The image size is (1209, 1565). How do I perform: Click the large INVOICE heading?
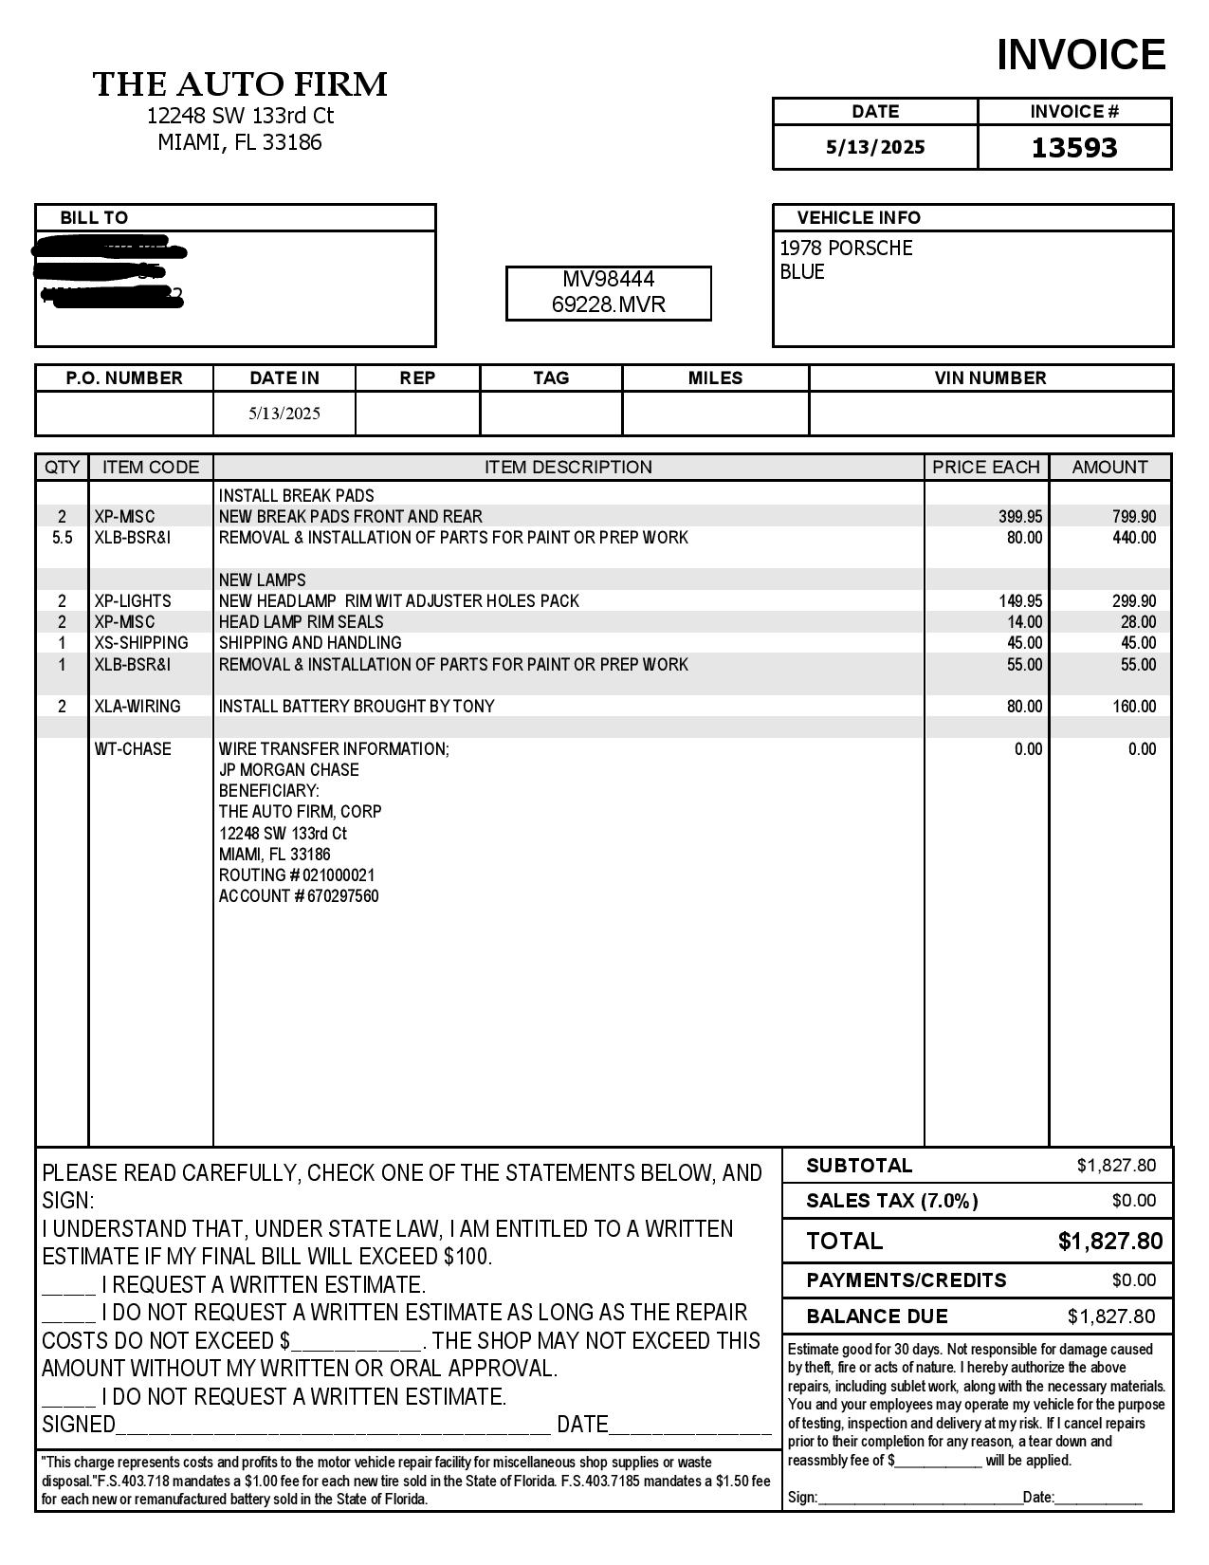pyautogui.click(x=1080, y=55)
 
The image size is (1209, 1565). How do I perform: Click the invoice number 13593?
pyautogui.click(x=1074, y=148)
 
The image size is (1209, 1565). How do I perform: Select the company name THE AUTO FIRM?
pyautogui.click(x=240, y=84)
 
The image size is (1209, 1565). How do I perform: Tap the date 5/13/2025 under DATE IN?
pyautogui.click(x=284, y=414)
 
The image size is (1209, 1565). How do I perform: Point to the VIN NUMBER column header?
pyautogui.click(x=990, y=377)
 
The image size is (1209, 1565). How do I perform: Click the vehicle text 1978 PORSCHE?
pyautogui.click(x=846, y=249)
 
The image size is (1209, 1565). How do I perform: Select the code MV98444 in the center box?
pyautogui.click(x=608, y=279)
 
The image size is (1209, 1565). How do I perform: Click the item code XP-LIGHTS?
pyautogui.click(x=133, y=601)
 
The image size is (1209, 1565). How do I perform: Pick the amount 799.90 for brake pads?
pyautogui.click(x=1134, y=517)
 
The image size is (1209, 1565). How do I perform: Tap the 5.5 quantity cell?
pyautogui.click(x=63, y=538)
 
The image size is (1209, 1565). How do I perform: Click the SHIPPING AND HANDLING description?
pyautogui.click(x=310, y=643)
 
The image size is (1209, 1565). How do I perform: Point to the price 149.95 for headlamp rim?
pyautogui.click(x=1020, y=601)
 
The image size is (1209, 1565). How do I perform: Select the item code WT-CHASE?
pyautogui.click(x=133, y=749)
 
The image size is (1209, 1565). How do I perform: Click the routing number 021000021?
pyautogui.click(x=339, y=875)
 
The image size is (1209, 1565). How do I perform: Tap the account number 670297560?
pyautogui.click(x=342, y=896)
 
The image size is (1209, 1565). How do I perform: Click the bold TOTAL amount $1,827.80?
pyautogui.click(x=1109, y=1242)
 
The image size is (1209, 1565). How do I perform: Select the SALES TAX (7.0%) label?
pyautogui.click(x=891, y=1201)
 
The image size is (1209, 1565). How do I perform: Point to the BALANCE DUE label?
pyautogui.click(x=876, y=1316)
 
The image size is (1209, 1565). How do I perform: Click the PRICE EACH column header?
pyautogui.click(x=986, y=468)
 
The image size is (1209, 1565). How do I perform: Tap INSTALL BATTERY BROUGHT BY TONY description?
pyautogui.click(x=357, y=707)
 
